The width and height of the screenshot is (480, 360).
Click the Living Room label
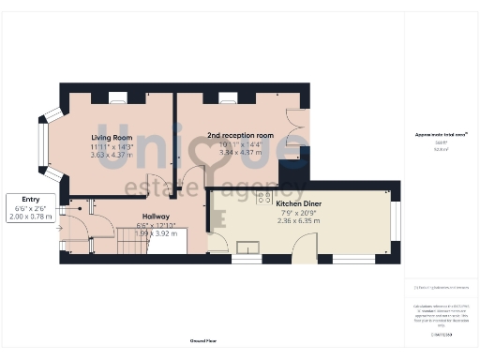(x=112, y=138)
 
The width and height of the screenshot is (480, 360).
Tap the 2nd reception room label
(x=240, y=136)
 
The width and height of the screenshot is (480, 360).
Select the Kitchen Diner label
(x=300, y=203)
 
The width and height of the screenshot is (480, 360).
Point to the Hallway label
(x=155, y=217)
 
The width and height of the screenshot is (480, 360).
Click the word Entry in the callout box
(x=30, y=199)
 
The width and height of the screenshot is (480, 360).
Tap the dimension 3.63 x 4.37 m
(x=112, y=156)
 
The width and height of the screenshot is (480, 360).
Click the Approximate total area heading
(x=441, y=134)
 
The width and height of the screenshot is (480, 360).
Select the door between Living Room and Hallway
(x=160, y=185)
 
